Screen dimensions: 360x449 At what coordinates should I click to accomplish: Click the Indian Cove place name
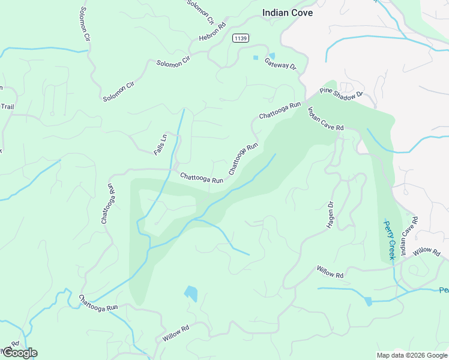click(288, 12)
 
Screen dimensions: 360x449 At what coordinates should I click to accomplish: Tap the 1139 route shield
click(241, 38)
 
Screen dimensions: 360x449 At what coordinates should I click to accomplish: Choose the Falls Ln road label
click(160, 145)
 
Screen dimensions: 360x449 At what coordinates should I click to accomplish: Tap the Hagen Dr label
click(330, 215)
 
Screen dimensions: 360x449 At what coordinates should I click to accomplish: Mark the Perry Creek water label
click(389, 239)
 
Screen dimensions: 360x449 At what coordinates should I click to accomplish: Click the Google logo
click(19, 352)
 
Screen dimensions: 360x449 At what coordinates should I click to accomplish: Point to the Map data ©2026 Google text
click(411, 355)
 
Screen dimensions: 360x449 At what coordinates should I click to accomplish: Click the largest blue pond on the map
click(191, 293)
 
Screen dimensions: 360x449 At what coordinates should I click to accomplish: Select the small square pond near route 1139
click(256, 58)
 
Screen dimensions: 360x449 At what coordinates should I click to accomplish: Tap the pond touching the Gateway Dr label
click(272, 56)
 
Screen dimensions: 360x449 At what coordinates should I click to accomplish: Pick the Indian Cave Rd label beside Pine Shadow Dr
click(325, 119)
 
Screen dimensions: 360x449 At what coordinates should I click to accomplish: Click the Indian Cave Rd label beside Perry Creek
click(409, 236)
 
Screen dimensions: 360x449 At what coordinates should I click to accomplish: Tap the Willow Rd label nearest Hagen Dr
click(330, 272)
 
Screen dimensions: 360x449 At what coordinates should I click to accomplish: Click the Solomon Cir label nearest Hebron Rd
click(200, 11)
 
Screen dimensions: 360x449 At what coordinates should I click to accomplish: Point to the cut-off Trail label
click(7, 107)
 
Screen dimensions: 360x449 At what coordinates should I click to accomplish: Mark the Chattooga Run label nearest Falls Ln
click(202, 178)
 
